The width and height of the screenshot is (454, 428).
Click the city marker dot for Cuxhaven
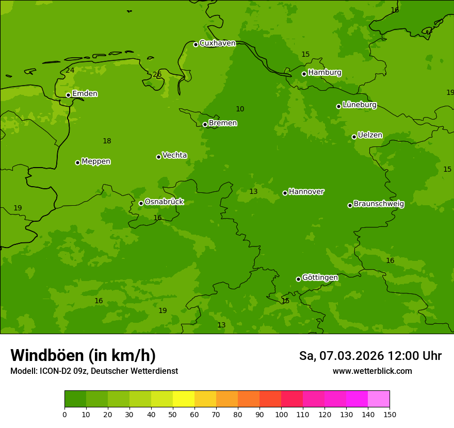196,44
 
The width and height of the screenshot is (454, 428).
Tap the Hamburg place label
325,73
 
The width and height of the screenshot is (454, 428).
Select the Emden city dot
68,95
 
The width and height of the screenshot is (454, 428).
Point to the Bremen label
222,123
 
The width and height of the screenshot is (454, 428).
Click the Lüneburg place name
359,105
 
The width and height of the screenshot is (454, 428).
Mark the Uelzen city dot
354,137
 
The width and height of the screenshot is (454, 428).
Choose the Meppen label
95,161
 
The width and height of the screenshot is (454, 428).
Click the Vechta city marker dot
158,157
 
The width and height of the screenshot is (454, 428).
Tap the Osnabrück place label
164,202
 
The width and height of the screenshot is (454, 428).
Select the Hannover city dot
285,193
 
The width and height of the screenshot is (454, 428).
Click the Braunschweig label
379,204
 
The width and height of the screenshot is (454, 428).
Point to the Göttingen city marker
298,279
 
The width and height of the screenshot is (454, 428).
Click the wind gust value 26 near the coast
157,75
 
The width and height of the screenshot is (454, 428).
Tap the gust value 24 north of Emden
70,71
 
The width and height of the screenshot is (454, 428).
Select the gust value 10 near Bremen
240,109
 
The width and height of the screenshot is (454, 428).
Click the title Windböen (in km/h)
83,355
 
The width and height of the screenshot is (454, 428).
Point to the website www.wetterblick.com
372,371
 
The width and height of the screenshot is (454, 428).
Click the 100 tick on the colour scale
281,414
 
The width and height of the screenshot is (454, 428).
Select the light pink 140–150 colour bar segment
379,399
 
